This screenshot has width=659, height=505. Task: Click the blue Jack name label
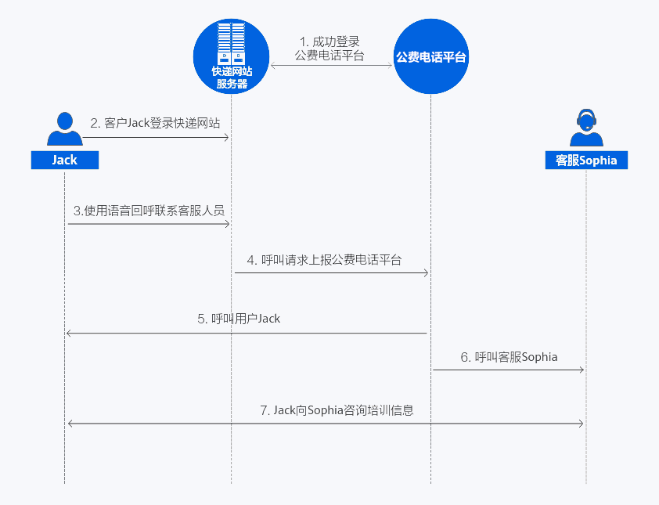pyautogui.click(x=65, y=160)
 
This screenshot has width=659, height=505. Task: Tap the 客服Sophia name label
pyautogui.click(x=586, y=160)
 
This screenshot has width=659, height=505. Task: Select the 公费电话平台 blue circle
pyautogui.click(x=431, y=56)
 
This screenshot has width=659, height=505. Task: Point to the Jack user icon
pyautogui.click(x=65, y=128)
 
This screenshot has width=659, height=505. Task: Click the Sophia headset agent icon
pyautogui.click(x=586, y=128)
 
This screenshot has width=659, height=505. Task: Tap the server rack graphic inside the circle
pyautogui.click(x=231, y=43)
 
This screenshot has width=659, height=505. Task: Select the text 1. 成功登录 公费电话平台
pyautogui.click(x=329, y=48)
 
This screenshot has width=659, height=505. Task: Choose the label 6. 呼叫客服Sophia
pyautogui.click(x=509, y=357)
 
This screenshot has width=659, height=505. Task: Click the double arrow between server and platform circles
pyautogui.click(x=331, y=66)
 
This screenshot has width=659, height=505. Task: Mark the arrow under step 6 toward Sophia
pyautogui.click(x=509, y=369)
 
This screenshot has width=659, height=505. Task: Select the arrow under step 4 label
pyautogui.click(x=332, y=272)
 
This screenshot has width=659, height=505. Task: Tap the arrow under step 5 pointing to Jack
pyautogui.click(x=246, y=334)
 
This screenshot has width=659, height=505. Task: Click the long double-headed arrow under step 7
pyautogui.click(x=326, y=424)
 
